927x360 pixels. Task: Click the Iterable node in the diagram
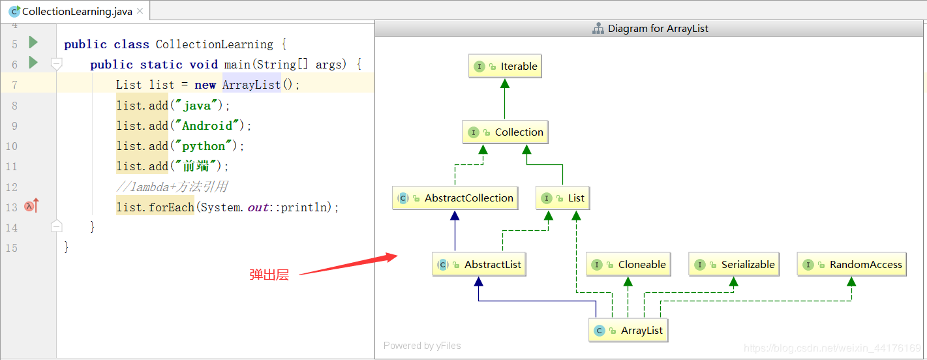[x=505, y=67]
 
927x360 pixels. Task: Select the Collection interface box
[x=506, y=132]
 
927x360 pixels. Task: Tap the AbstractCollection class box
[x=455, y=198]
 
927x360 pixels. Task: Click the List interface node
[x=563, y=198]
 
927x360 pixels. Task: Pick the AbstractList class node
[x=479, y=264]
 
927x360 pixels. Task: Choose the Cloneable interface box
[x=628, y=264]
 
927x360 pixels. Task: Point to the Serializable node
[x=734, y=264]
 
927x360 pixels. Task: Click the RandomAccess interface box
[x=852, y=264]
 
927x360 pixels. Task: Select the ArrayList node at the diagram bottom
[x=628, y=330]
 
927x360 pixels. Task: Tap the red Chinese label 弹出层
[x=269, y=275]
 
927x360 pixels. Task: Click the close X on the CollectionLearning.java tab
[x=140, y=11]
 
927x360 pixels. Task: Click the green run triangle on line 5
[x=33, y=42]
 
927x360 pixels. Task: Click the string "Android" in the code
[x=207, y=125]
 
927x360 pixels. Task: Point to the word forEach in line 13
[x=172, y=207]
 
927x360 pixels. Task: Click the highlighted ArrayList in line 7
[x=252, y=85]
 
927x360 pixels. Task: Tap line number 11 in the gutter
[x=12, y=166]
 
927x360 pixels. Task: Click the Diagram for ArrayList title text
[x=658, y=29]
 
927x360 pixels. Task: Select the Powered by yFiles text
[x=422, y=346]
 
